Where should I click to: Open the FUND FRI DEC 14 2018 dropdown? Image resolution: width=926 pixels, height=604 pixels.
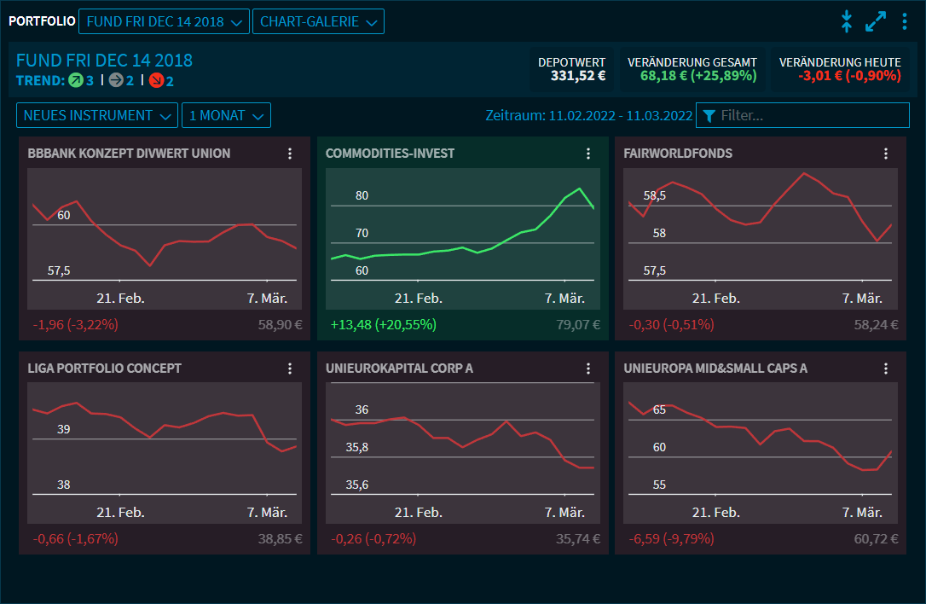(164, 21)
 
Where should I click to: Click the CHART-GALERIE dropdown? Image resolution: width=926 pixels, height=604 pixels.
(318, 21)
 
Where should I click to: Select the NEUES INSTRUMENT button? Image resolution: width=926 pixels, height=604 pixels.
(96, 115)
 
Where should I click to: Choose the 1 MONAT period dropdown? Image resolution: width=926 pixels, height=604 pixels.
(226, 115)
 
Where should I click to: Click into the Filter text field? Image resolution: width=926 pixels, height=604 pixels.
(810, 115)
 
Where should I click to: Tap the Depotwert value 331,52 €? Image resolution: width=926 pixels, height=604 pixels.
(577, 76)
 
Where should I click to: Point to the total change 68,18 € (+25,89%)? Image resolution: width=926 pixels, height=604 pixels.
(699, 76)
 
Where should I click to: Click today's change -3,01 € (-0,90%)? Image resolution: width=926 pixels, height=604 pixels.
(849, 76)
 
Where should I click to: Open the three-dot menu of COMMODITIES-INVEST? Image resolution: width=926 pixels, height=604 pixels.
(588, 154)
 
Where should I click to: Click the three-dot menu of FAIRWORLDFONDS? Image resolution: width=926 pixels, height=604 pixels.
(886, 154)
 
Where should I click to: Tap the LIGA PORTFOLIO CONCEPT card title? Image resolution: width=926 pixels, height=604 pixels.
(104, 369)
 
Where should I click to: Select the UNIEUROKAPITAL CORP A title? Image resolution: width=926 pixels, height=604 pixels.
(399, 369)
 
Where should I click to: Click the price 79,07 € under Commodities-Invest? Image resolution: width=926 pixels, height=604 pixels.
(578, 325)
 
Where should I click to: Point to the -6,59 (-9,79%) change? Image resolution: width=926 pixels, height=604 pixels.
(671, 539)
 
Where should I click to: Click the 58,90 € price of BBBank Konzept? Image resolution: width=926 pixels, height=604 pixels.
(280, 325)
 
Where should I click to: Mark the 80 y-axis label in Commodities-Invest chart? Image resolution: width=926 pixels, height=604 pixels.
(362, 196)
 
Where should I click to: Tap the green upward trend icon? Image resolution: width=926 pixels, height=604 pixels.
(74, 81)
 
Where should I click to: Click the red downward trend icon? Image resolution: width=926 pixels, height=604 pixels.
(155, 81)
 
